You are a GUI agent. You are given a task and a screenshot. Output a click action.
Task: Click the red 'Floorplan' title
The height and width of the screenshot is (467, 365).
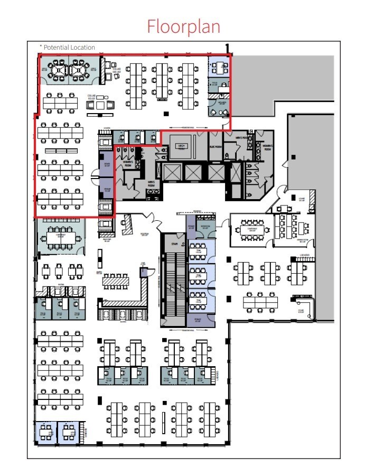183,26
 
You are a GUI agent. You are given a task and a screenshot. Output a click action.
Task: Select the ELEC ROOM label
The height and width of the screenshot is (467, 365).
215,146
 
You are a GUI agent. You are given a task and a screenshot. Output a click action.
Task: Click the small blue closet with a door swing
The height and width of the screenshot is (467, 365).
144,272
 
